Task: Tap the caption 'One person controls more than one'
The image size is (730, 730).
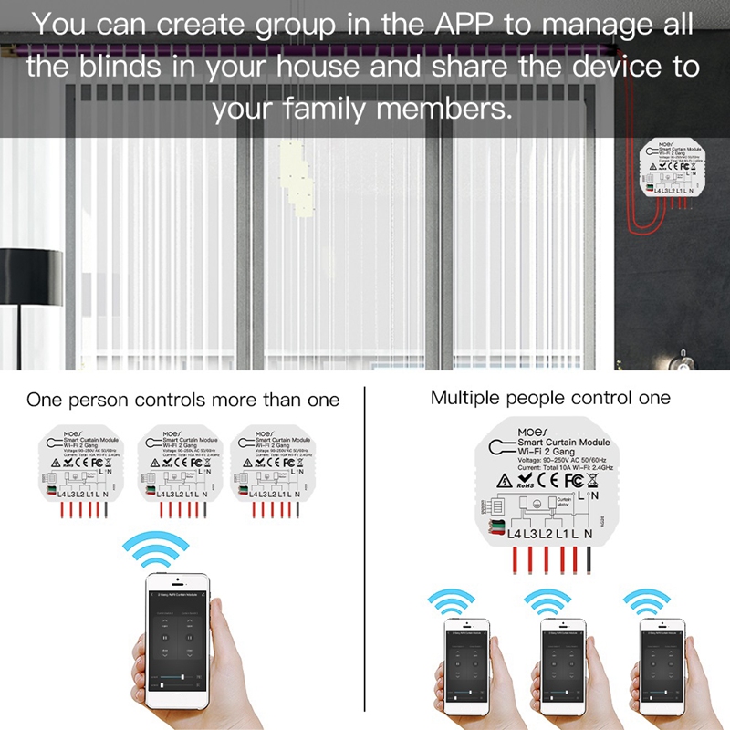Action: (x=182, y=400)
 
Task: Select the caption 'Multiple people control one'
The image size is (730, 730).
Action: (x=550, y=398)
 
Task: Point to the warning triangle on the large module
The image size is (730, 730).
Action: (x=504, y=478)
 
